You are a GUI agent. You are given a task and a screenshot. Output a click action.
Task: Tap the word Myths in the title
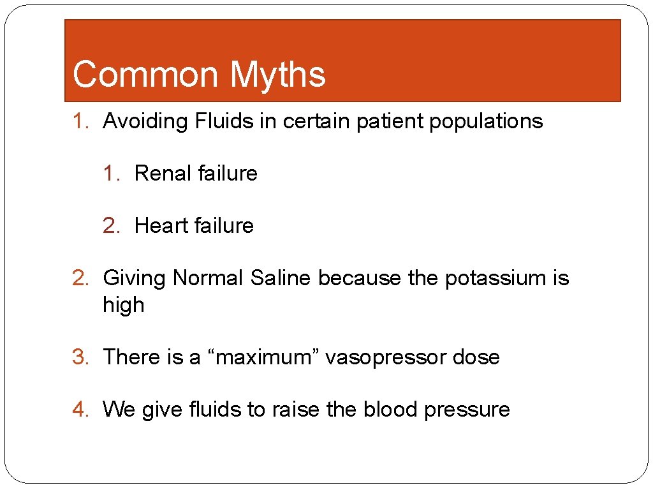click(277, 75)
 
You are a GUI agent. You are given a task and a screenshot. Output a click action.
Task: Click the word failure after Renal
click(228, 174)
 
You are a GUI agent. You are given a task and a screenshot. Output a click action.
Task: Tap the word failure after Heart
click(224, 226)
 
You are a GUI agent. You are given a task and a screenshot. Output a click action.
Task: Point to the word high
click(123, 305)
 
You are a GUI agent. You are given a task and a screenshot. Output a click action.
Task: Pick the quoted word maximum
click(267, 357)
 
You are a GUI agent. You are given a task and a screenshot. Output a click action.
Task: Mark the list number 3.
click(80, 357)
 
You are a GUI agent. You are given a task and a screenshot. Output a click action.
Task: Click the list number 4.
click(80, 410)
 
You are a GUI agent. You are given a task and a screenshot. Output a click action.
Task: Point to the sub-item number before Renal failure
click(112, 174)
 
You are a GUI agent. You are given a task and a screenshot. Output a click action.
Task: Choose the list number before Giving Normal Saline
click(80, 278)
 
